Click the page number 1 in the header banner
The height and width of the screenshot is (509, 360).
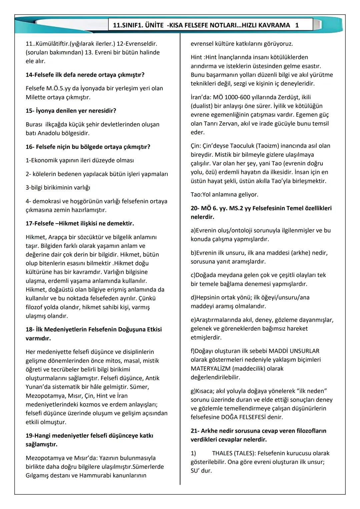(297, 25)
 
